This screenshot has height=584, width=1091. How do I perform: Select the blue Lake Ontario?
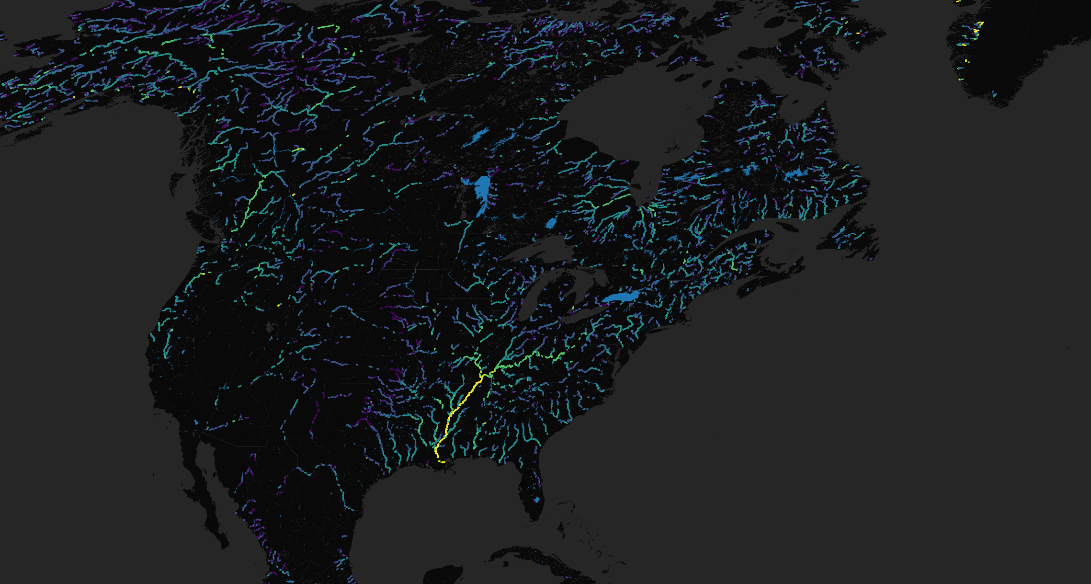click(621, 297)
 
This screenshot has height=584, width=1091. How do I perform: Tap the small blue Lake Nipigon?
click(551, 223)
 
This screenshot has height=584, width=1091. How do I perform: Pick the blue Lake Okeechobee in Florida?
click(536, 500)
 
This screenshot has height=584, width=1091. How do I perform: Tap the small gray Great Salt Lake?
click(270, 327)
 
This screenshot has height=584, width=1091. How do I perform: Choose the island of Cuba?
click(541, 561)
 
